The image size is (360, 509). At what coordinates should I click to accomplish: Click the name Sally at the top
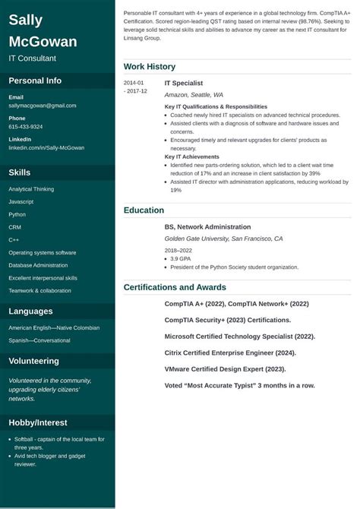point(26,20)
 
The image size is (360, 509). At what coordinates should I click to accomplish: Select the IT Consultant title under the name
point(32,58)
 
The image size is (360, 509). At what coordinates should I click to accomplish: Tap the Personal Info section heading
point(35,81)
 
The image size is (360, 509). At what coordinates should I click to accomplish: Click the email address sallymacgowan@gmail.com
point(43,106)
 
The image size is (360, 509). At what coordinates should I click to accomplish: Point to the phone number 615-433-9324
point(26,127)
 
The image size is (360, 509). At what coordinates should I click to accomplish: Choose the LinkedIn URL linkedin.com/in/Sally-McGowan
point(46,148)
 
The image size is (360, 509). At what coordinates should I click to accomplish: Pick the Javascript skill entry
point(21,201)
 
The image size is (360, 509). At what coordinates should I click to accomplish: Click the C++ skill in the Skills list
point(14,239)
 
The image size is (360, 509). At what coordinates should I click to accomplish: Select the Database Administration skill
point(38,265)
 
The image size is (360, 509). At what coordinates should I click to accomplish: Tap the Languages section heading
point(30,311)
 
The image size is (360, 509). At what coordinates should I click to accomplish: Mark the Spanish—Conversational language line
point(39,340)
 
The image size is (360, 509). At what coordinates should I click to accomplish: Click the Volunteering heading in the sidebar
point(33,361)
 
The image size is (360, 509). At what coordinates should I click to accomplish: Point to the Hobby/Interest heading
point(38,422)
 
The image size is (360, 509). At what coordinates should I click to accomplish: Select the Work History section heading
point(149,67)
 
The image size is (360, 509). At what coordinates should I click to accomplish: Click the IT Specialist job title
point(184,83)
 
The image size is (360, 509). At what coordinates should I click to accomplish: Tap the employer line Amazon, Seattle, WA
point(194,95)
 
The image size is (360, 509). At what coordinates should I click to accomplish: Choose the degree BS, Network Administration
point(207,226)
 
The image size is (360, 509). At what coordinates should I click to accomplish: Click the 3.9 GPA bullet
point(180,258)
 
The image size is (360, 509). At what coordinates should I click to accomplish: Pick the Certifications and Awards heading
point(175,287)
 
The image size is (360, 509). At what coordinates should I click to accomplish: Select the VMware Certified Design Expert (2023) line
point(225,369)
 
